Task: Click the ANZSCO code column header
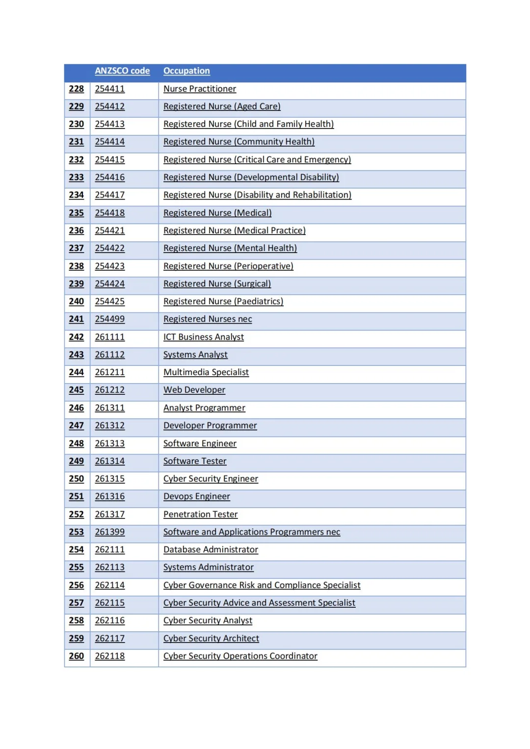pos(122,71)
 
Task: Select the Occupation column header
pos(186,71)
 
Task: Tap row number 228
pos(76,89)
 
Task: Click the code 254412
pos(109,106)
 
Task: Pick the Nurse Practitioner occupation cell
pos(200,89)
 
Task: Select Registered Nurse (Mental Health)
pos(230,248)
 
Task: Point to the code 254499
pos(109,319)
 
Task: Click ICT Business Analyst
pos(203,337)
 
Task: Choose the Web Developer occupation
pos(194,390)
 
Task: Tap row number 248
pos(76,443)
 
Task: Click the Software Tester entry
pos(195,461)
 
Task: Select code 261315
pos(109,479)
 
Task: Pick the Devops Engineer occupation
pos(196,496)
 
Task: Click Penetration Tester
pos(200,514)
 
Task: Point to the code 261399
pos(109,532)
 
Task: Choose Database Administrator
pos(211,549)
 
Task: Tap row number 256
pos(76,585)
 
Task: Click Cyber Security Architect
pos(211,638)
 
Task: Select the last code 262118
pos(109,656)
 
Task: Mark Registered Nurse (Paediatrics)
pos(223,301)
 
